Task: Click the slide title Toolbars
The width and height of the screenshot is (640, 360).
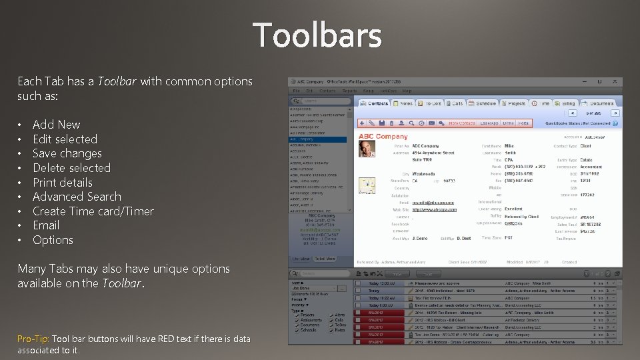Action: pyautogui.click(x=317, y=35)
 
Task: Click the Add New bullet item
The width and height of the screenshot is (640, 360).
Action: pyautogui.click(x=56, y=125)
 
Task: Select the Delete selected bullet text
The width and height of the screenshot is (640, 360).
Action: pyautogui.click(x=71, y=168)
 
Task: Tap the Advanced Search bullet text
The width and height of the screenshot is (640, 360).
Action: pyautogui.click(x=77, y=197)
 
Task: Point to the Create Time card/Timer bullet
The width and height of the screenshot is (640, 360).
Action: pyautogui.click(x=93, y=211)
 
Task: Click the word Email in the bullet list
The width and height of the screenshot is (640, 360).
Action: pyautogui.click(x=46, y=225)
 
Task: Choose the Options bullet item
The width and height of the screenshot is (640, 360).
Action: pyautogui.click(x=53, y=240)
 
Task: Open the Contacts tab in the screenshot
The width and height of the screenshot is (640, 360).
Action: pyautogui.click(x=375, y=103)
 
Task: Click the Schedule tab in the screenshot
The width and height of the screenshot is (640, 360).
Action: pyautogui.click(x=484, y=103)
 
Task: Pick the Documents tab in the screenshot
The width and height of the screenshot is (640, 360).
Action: pyautogui.click(x=599, y=103)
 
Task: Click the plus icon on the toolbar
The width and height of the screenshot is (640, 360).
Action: pyautogui.click(x=362, y=123)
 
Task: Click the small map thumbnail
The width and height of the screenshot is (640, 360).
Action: pyautogui.click(x=367, y=186)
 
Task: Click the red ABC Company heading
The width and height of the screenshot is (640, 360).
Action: pyautogui.click(x=383, y=136)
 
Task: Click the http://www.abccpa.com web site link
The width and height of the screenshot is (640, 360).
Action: pyautogui.click(x=433, y=209)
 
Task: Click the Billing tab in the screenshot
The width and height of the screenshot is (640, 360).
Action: pyautogui.click(x=567, y=103)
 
